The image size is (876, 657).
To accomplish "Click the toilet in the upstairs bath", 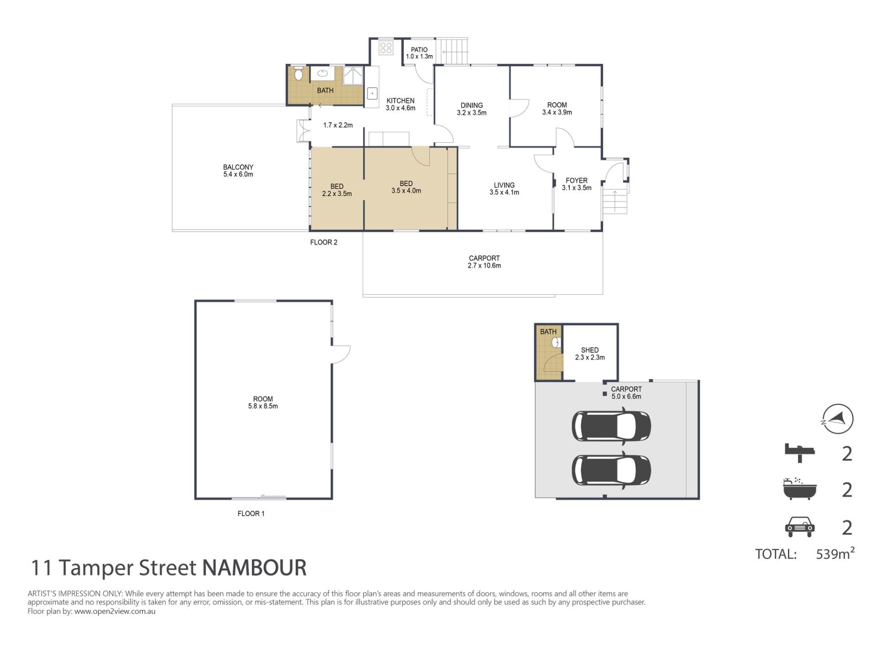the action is pos(298,73).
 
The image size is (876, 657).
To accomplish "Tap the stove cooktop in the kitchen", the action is pos(386,48).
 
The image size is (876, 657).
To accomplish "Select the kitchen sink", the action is pos(372,94).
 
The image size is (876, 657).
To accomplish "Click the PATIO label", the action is pos(419,50).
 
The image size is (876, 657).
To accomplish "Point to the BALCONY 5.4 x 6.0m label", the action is pos(238,171).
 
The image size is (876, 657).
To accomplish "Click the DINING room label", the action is pos(472,105).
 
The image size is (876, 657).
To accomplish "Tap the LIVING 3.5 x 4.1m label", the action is pos(504,189).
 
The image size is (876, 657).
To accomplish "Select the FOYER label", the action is pos(577,181).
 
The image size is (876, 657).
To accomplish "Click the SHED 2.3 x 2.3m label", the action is pos(590,354).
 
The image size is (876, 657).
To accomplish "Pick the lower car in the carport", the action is pos(611,470).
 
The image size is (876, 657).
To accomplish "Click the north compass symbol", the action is pos(838,419).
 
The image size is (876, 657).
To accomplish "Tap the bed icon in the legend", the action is pos(800,453).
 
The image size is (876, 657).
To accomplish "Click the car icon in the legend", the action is pos(800,527).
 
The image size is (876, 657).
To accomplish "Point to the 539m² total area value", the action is pos(835,553).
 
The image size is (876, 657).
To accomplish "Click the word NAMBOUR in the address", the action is pos(254,568).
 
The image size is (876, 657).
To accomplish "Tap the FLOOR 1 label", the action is pos(251,514).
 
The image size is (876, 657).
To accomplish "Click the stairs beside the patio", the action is pos(452,51).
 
